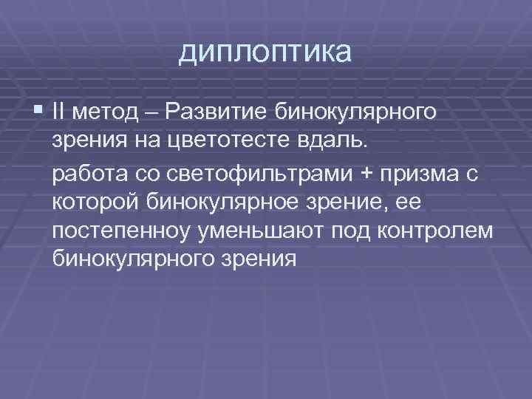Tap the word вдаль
coord(335,140)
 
